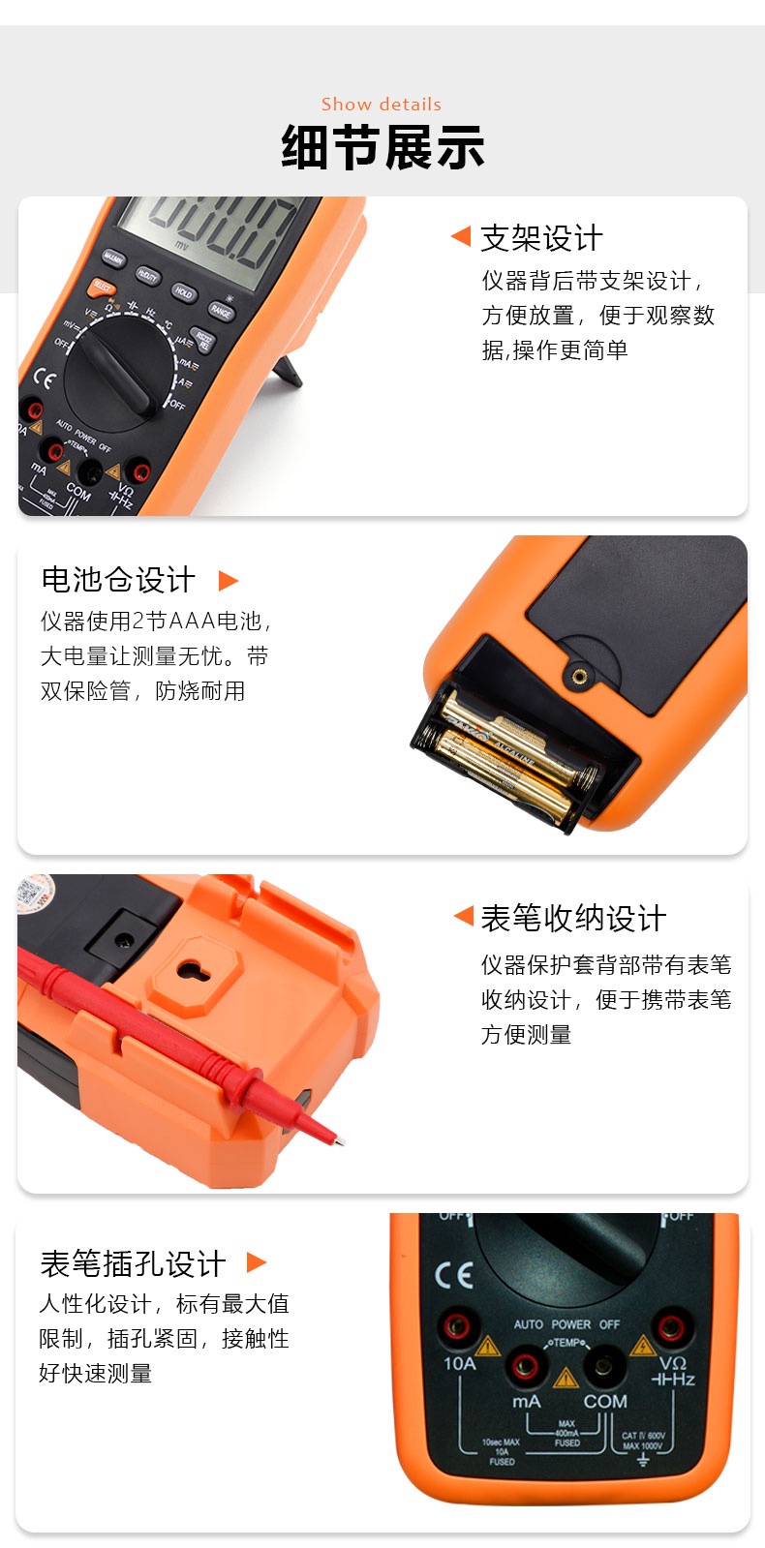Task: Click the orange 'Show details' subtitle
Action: coord(382,105)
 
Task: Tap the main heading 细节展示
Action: coord(382,148)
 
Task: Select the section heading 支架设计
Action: coord(541,238)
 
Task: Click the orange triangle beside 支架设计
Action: coord(461,237)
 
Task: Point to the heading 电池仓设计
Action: coord(118,580)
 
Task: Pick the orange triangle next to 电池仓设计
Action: coord(229,581)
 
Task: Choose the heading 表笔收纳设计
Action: coord(573,918)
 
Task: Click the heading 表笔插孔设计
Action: coord(133,1263)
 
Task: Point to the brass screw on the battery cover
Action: coord(579,676)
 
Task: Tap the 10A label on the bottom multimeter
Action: coord(459,1364)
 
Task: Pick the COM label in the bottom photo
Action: coord(604,1401)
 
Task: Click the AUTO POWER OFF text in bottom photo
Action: coord(566,1324)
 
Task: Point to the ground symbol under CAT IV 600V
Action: coord(643,1459)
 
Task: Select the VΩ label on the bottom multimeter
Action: coord(672,1363)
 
